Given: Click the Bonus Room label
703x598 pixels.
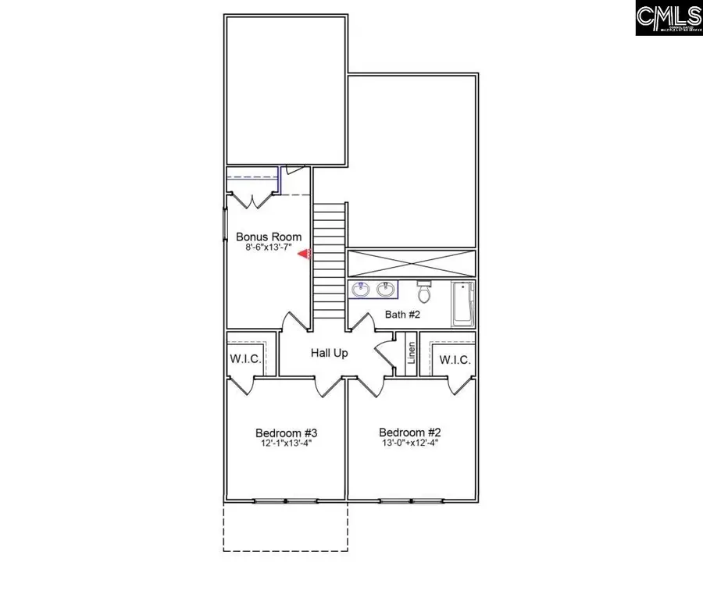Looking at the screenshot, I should coord(269,237).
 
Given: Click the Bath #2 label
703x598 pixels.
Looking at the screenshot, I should coord(403,315).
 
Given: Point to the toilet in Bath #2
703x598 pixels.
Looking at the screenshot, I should coord(425,292).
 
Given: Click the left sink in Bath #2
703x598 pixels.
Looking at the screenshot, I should coord(362,290).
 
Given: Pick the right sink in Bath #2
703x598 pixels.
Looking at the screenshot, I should coord(385,290).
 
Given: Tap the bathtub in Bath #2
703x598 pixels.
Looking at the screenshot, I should coord(462,304).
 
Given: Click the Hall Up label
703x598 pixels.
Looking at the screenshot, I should coord(329,353).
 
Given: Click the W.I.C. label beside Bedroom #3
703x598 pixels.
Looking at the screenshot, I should coord(244,360).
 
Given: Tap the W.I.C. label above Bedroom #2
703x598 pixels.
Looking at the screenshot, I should coord(454,360).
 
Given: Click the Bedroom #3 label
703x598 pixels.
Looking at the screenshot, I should coord(285,432).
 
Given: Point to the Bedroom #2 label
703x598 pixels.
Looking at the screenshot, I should coord(409,432).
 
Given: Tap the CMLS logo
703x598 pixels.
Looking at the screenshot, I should coord(669,18).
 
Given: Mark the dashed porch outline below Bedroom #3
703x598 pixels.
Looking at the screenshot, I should coord(285,527).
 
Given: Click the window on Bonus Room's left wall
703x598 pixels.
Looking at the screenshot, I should coord(226,227).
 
